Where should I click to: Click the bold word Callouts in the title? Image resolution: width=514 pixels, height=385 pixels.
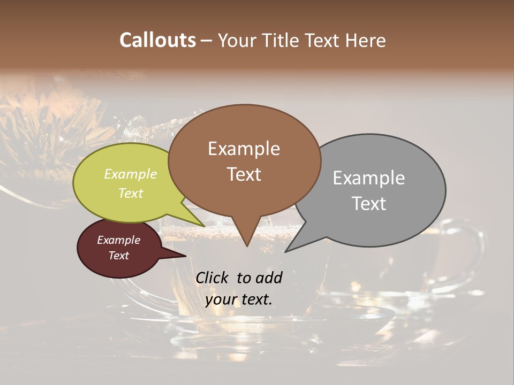(157, 40)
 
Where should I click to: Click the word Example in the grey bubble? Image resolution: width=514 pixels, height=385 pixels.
(369, 178)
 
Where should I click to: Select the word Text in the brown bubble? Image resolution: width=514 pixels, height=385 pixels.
(244, 174)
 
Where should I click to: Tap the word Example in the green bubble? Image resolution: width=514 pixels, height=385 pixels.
(130, 174)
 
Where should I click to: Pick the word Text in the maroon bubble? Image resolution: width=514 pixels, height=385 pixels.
(119, 256)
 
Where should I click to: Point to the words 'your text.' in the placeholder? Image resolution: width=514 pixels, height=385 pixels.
(239, 299)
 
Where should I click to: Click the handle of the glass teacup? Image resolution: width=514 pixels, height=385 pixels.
(474, 251)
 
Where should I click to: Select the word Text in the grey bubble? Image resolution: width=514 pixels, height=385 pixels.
(369, 204)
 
